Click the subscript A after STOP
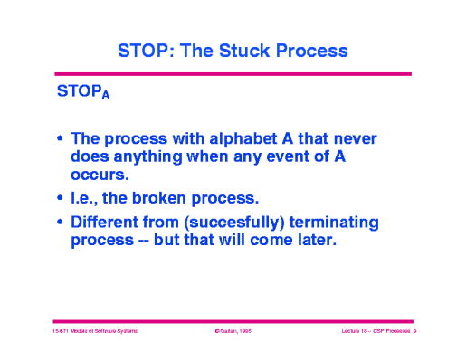click(106, 98)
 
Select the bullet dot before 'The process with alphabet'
click(60, 140)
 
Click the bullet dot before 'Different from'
click(60, 223)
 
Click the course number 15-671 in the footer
click(62, 333)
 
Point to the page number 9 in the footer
click(414, 333)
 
